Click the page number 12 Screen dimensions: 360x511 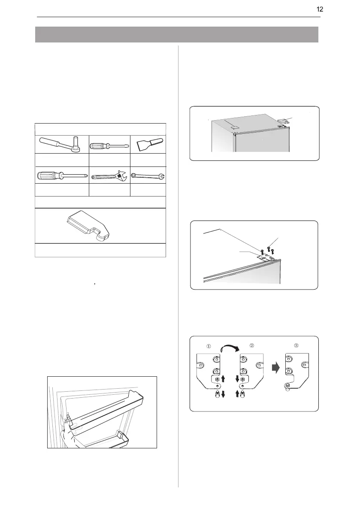pos(320,9)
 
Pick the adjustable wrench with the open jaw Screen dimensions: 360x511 pos(110,175)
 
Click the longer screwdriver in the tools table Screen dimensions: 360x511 pos(62,175)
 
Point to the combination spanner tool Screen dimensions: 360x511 pos(148,175)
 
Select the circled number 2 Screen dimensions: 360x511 pos(251,345)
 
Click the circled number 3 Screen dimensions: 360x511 pos(296,345)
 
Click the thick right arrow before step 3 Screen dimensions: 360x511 pos(276,368)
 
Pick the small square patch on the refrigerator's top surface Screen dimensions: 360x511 pos(233,128)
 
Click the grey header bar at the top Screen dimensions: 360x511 pos(177,35)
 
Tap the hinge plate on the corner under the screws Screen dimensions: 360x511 pos(266,257)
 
